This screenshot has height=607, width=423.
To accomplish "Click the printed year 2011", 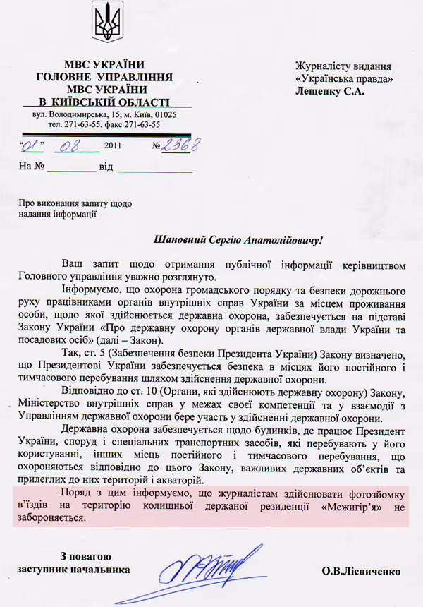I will click(113, 147).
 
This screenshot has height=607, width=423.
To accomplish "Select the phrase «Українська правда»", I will click(344, 78).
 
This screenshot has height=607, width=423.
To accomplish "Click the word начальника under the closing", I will click(102, 569).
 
